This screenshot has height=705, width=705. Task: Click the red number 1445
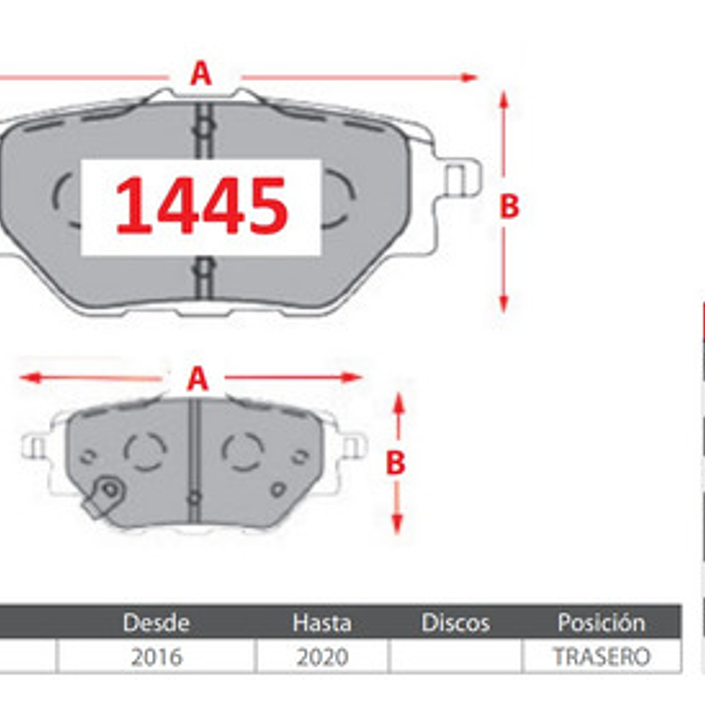point(201,206)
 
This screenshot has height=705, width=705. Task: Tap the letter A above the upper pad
point(200,73)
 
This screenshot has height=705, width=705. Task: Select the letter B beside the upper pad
point(509,206)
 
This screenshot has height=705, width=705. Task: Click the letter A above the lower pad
point(198,379)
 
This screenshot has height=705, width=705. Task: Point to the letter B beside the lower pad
point(396,463)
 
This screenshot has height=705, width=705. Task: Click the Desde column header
point(156,622)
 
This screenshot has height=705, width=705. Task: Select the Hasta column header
point(322,622)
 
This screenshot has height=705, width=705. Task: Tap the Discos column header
point(455,622)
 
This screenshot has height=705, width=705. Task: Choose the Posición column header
point(602,622)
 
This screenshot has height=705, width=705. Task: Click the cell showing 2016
point(157,657)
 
